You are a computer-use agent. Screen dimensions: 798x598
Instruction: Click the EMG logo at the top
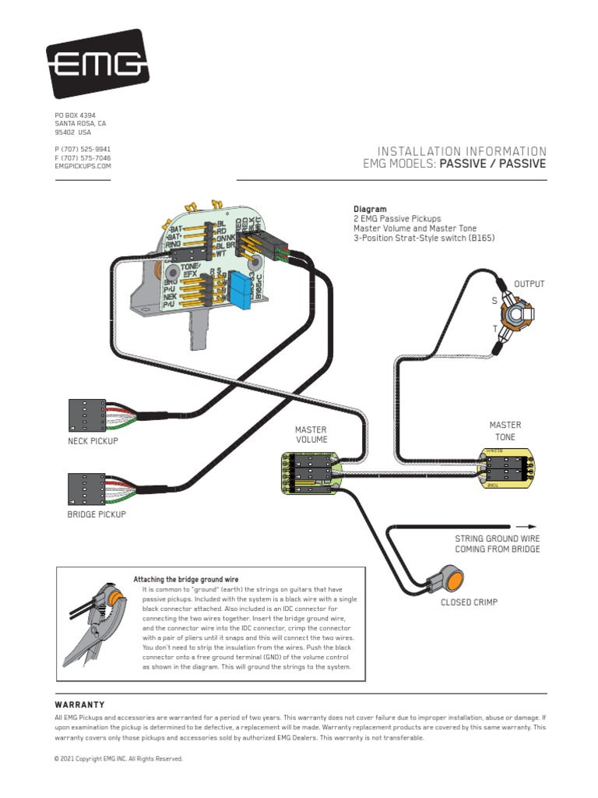(97, 64)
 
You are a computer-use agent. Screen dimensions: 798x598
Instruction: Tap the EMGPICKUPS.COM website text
(83, 166)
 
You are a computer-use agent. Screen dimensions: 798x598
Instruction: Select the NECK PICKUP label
(93, 441)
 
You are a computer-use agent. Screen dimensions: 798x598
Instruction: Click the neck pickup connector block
(87, 415)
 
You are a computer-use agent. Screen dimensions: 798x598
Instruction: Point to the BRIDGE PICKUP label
(97, 514)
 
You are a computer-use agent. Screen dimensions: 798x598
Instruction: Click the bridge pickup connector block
(87, 489)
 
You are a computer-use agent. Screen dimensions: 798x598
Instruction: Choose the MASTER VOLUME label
(310, 434)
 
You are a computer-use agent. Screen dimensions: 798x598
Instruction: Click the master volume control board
(308, 473)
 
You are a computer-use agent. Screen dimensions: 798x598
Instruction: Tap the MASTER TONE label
(505, 430)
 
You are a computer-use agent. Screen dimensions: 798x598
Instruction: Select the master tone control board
(505, 468)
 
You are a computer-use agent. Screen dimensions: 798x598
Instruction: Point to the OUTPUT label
(529, 284)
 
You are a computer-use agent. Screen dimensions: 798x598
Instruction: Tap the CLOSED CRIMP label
(469, 602)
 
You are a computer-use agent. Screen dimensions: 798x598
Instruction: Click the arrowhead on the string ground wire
(530, 526)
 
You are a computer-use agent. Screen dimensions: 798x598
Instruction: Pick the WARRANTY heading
(79, 704)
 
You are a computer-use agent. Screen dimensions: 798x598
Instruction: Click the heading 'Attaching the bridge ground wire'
(185, 580)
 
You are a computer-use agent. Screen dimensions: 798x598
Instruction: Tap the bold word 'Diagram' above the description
(370, 210)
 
